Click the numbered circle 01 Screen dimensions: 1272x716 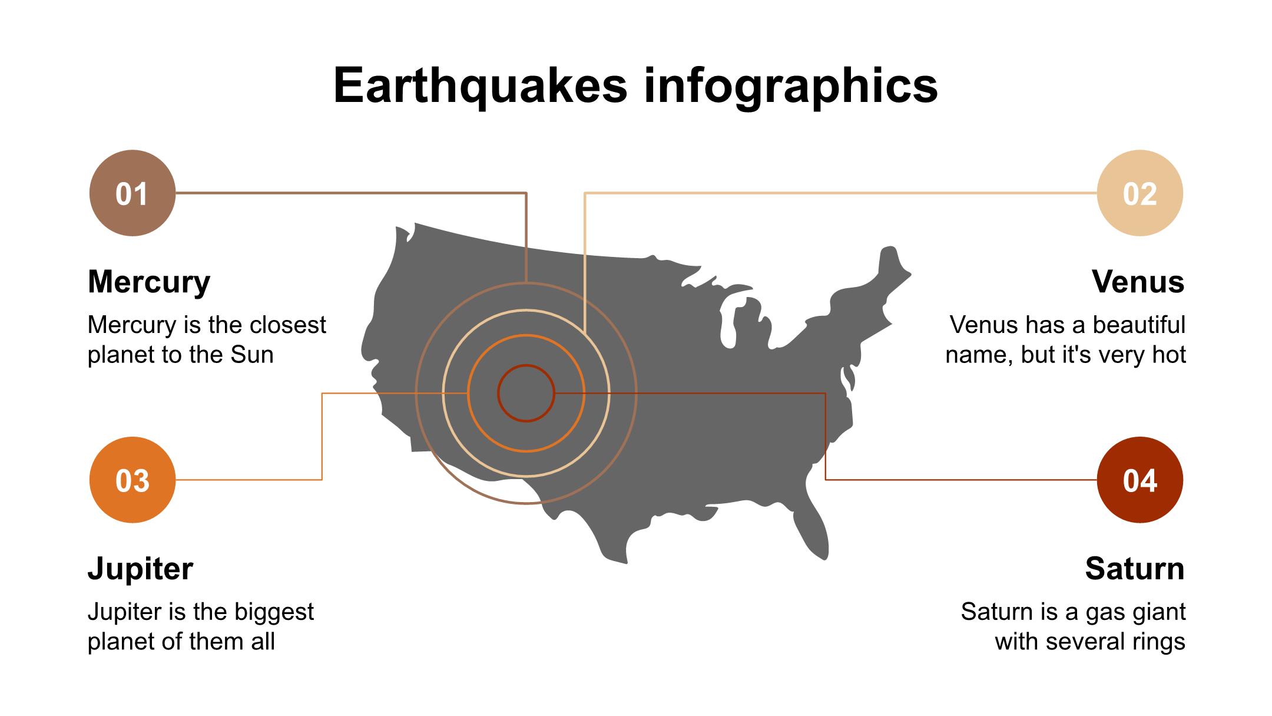tap(132, 193)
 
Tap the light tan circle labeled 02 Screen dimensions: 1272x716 tap(1140, 193)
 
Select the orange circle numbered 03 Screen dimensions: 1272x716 tap(132, 480)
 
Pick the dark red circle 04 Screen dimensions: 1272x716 tap(1140, 480)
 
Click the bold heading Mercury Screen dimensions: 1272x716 tap(149, 282)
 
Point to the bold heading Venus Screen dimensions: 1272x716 tap(1138, 282)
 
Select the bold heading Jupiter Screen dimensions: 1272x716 tap(140, 569)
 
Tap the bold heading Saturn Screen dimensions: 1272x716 tap(1135, 569)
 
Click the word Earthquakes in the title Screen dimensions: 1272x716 tap(481, 86)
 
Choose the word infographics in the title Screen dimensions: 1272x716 tap(791, 86)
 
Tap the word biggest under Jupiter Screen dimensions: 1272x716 tap(274, 612)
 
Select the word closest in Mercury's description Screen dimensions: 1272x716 tap(287, 325)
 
